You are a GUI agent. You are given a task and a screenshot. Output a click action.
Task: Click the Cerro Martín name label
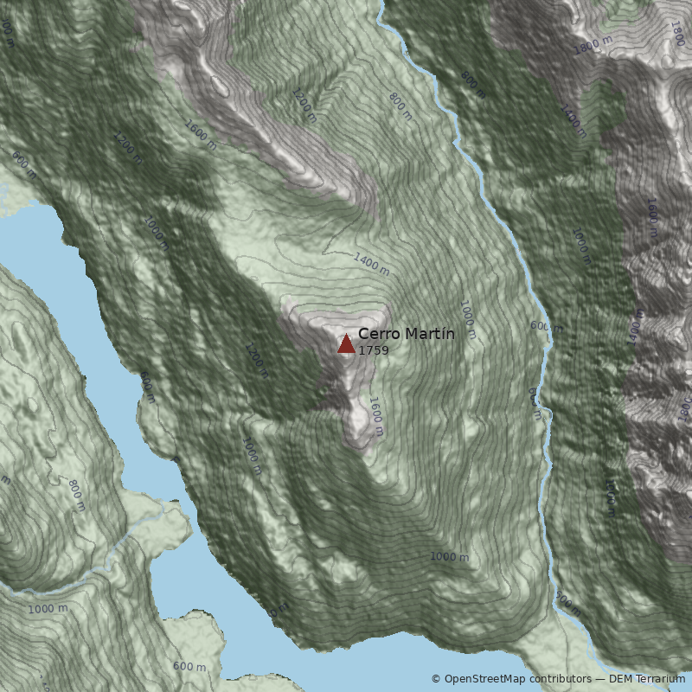[406, 334]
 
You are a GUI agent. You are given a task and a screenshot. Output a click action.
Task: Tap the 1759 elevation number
[374, 350]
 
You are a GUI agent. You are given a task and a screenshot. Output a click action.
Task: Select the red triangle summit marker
[346, 344]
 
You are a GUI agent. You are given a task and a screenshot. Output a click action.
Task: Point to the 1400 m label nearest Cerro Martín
[372, 263]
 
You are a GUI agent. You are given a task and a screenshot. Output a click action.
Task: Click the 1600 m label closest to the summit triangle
[376, 410]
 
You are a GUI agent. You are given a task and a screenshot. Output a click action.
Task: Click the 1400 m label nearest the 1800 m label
[573, 122]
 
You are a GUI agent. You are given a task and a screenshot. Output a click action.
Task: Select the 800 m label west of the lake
[75, 495]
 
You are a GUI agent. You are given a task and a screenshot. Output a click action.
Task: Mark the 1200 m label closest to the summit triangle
[256, 362]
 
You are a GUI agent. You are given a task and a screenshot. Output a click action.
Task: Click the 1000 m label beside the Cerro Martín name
[467, 319]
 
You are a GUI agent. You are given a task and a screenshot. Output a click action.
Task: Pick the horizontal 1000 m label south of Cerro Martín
[449, 557]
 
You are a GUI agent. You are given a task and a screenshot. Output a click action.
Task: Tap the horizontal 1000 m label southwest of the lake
[47, 609]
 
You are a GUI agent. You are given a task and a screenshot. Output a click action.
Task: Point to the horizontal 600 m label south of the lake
[189, 666]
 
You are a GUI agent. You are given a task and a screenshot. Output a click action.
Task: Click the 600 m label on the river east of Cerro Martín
[545, 327]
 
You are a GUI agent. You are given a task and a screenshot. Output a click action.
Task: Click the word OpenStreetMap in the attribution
[481, 679]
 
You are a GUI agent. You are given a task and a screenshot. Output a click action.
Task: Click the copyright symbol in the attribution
[436, 679]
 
